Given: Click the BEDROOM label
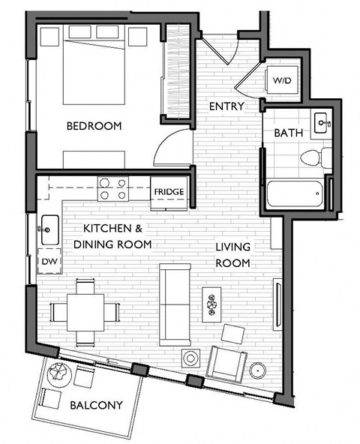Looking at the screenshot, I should [x=94, y=126].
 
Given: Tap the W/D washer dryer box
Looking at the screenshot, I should [x=283, y=79].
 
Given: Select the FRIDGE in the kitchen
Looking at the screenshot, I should [x=169, y=191].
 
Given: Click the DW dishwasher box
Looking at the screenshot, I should [x=49, y=262].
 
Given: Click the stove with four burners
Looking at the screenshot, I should [x=112, y=187].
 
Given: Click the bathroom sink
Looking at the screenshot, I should [x=322, y=122].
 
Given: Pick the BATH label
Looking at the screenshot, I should [x=288, y=133].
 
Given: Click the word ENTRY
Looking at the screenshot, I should [x=226, y=106].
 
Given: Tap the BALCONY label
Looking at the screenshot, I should [x=96, y=406].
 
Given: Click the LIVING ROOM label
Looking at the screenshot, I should [x=232, y=255].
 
